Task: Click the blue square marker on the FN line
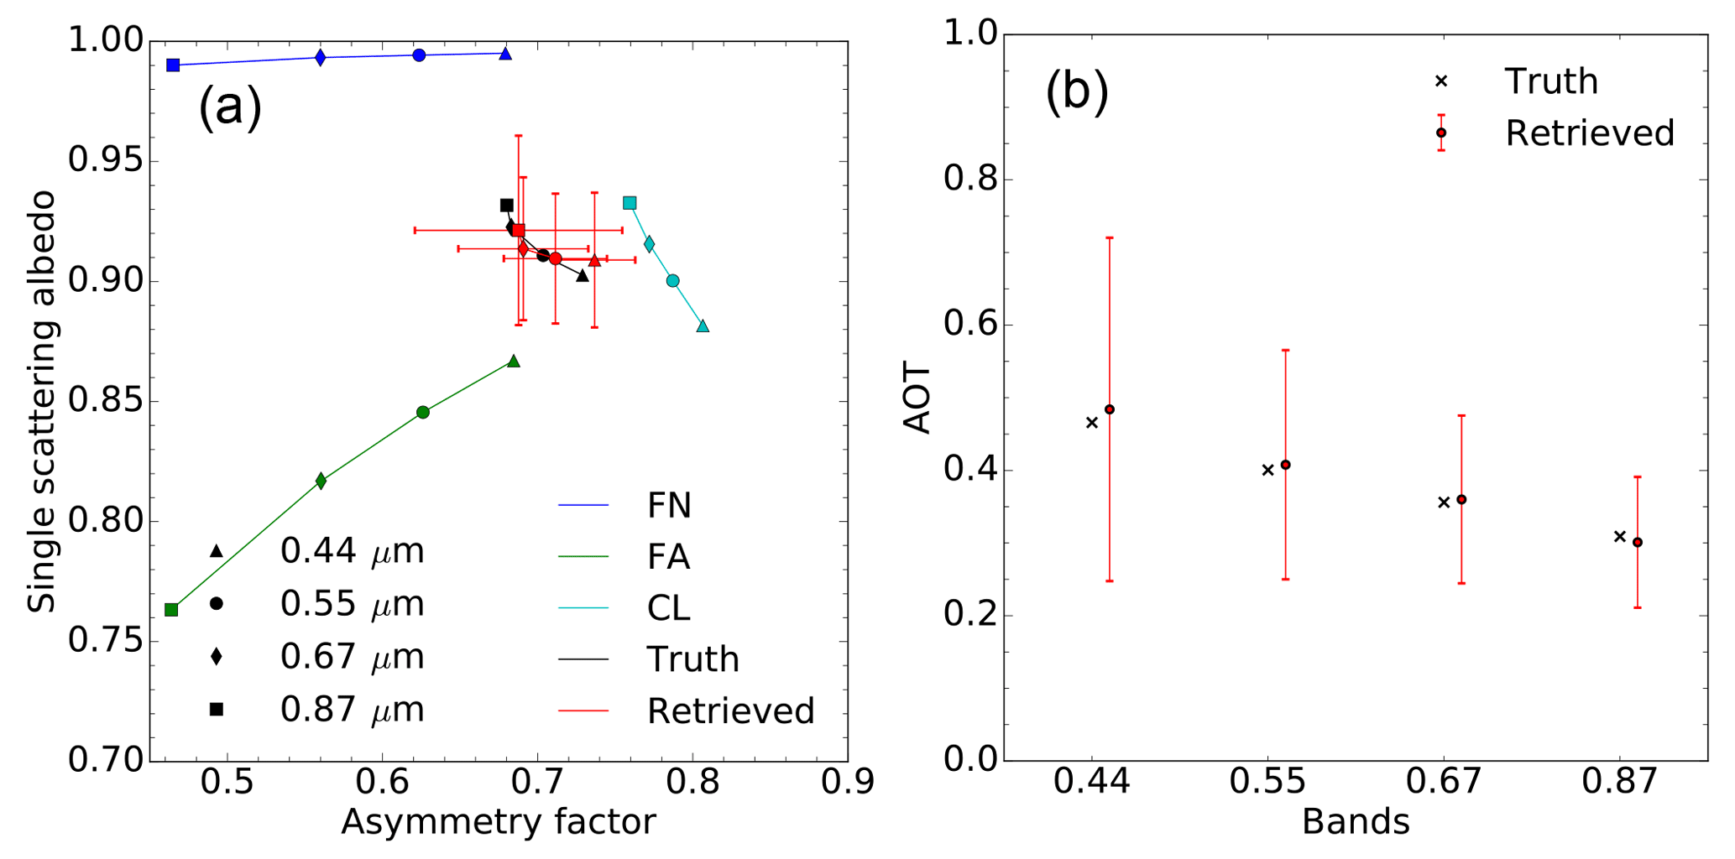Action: [x=173, y=65]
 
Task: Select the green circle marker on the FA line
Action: [x=423, y=412]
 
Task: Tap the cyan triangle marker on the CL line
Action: [x=703, y=326]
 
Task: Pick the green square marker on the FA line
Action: [x=171, y=610]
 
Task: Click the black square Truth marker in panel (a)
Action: [x=506, y=206]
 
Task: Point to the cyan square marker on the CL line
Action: [x=630, y=203]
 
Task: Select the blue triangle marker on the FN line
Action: [x=505, y=55]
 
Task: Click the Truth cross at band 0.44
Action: [x=1091, y=423]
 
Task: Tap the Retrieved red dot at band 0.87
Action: [x=1637, y=543]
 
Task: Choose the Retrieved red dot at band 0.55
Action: [x=1285, y=465]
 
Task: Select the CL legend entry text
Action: [x=668, y=608]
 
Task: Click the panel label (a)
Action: [x=230, y=107]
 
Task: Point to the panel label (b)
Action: [x=1077, y=91]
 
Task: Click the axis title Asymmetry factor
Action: [x=498, y=822]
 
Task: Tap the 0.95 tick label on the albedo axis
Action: [x=104, y=161]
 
